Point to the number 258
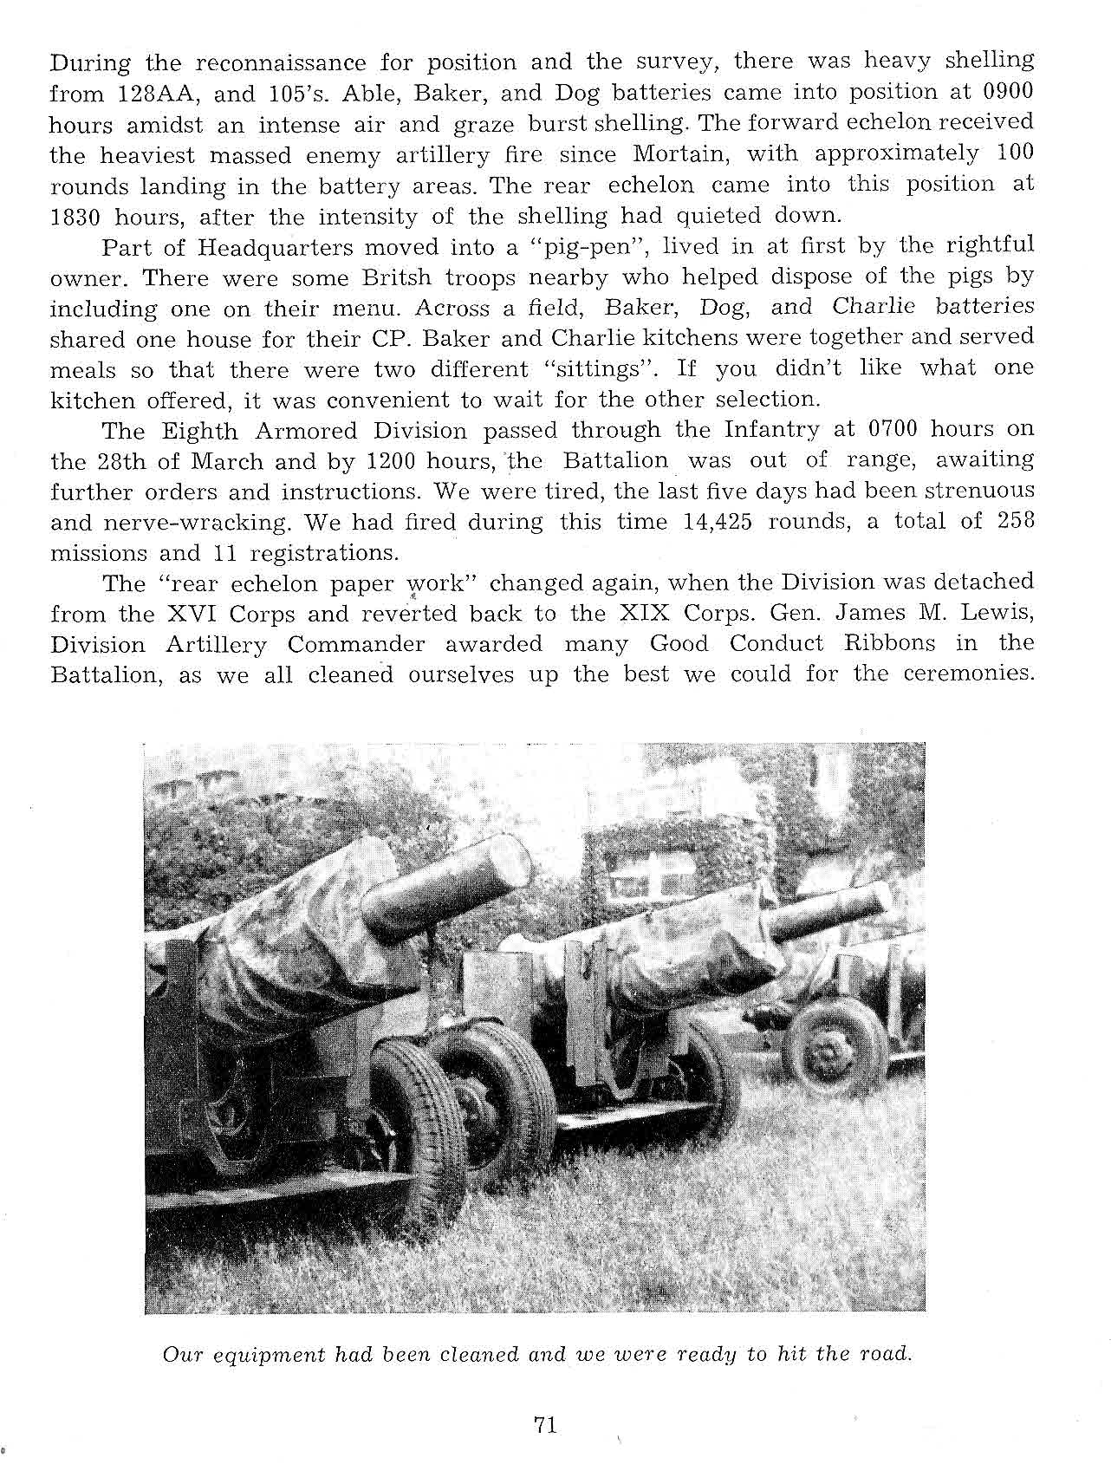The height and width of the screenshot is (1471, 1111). [x=1010, y=522]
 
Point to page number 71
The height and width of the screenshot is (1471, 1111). [x=545, y=1425]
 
